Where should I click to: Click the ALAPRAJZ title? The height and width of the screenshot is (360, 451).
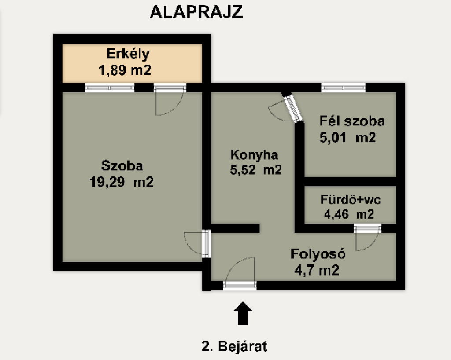(196, 12)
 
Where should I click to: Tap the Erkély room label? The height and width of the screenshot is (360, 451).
(128, 54)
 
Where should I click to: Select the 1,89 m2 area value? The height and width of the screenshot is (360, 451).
(125, 70)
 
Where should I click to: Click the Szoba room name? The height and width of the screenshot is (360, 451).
(122, 166)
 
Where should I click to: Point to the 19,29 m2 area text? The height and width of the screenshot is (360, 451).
(122, 182)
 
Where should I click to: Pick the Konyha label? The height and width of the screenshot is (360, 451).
(254, 155)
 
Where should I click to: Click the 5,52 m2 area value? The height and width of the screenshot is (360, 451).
(256, 170)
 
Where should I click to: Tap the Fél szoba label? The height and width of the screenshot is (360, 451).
(352, 121)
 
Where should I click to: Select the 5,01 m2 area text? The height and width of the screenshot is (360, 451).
(347, 138)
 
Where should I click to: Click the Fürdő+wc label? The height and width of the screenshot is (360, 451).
(351, 199)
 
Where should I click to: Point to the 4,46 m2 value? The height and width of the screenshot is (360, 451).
(349, 214)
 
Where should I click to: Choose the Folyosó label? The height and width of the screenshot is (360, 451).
(318, 254)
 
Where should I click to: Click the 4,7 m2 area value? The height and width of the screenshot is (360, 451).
(317, 270)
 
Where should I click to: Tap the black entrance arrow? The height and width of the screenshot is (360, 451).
(243, 313)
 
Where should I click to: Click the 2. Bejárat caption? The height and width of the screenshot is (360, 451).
(234, 346)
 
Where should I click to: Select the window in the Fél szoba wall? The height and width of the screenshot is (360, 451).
(344, 87)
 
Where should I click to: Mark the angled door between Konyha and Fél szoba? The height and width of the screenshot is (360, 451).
(293, 108)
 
